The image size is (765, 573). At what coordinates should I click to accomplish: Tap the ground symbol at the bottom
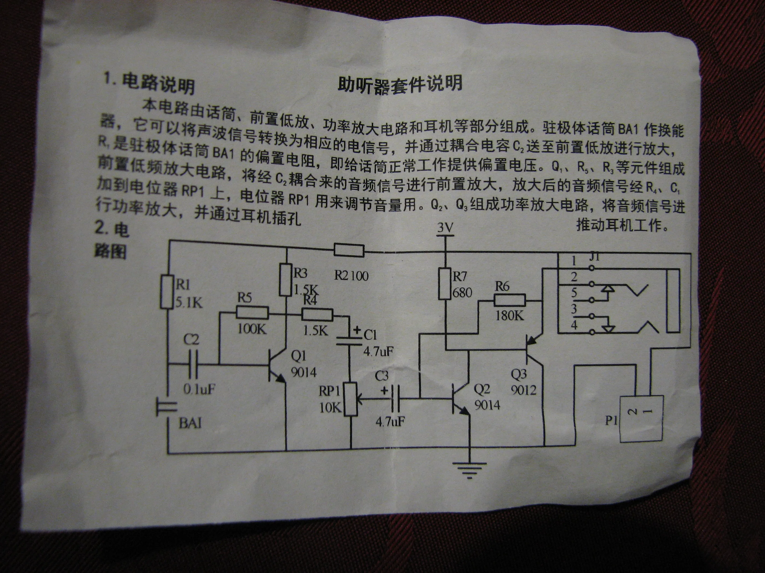[469, 469]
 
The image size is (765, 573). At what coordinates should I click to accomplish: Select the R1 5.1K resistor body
[166, 291]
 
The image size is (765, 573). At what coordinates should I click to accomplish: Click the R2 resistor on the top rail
[349, 250]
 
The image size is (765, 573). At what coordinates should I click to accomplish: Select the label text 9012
[523, 390]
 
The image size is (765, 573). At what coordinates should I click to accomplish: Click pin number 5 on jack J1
[574, 292]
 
